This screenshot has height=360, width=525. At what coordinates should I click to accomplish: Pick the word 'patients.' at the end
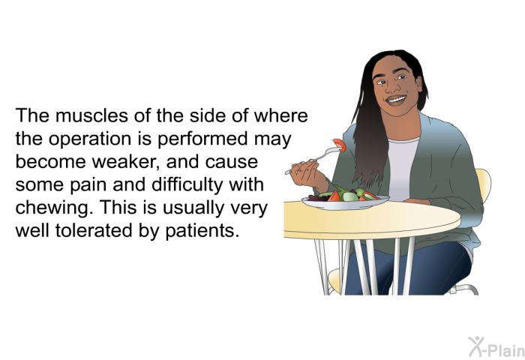click(204, 230)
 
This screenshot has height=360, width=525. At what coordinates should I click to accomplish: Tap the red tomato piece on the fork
click(339, 145)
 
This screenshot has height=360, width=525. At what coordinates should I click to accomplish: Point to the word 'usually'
click(217, 208)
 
